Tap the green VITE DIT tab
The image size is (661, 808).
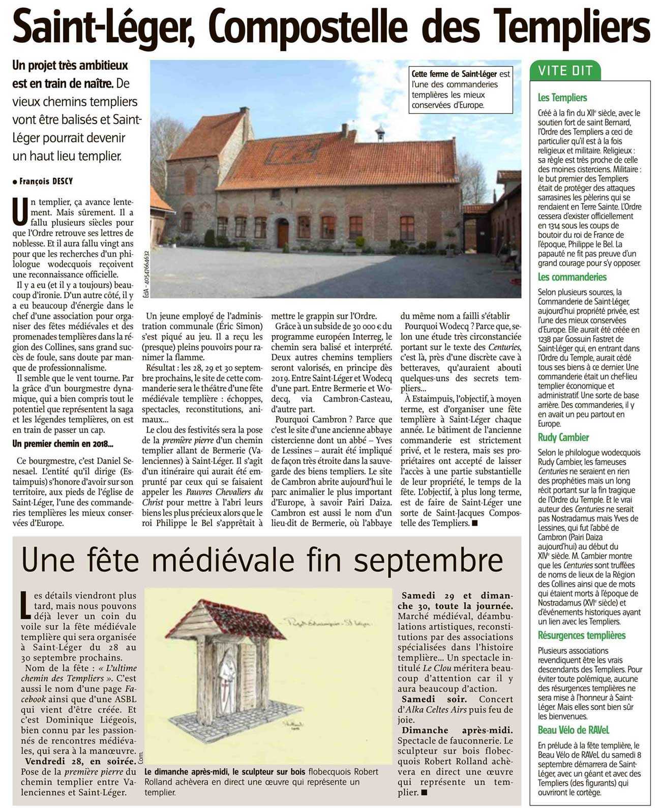565,71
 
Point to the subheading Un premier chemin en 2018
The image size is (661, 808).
63,443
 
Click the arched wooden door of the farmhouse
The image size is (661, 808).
283,233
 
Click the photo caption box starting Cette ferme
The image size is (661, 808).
461,89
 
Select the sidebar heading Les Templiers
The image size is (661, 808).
562,98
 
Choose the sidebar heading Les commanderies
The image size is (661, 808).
572,277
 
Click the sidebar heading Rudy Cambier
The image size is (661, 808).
563,437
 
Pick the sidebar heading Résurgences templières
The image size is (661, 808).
581,635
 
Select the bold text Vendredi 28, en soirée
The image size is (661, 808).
80,761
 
